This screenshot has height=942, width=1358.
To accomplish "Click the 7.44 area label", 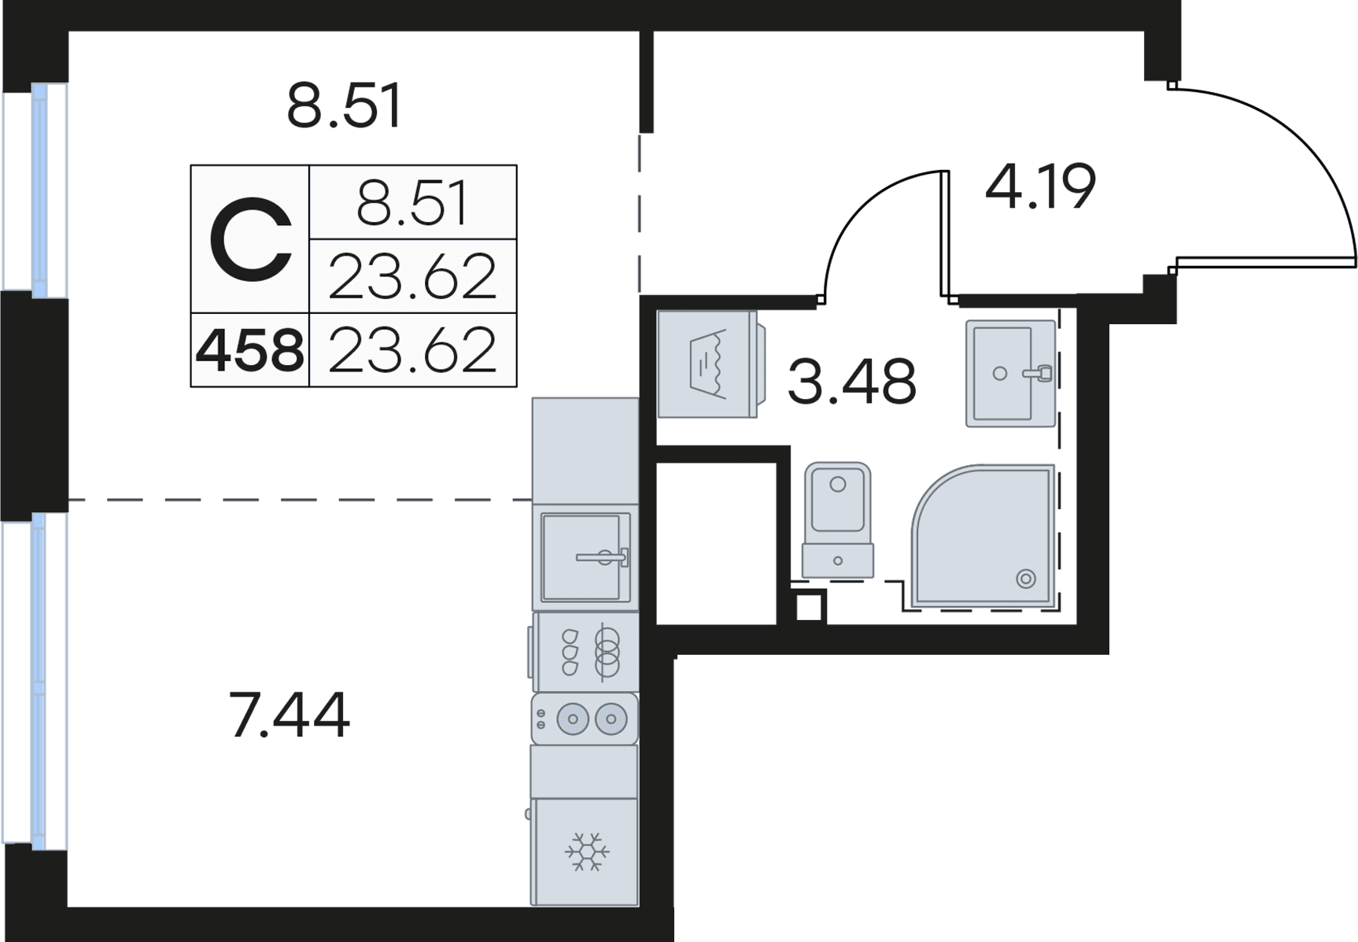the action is (290, 715).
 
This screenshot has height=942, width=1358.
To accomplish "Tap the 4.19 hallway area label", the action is (1040, 187).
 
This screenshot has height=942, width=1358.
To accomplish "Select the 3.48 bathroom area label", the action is (851, 381).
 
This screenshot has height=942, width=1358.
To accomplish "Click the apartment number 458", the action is (250, 351).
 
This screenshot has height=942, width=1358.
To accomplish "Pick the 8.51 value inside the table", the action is (412, 203).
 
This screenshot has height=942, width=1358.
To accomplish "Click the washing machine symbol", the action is (707, 364).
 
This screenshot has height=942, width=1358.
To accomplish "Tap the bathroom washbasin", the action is (1010, 374).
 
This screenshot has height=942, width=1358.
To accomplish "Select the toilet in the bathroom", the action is (837, 520).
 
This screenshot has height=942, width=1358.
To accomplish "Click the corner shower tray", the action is (983, 537).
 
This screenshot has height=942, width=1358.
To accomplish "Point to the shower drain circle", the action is (1026, 579).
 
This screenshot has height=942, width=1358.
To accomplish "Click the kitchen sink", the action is (585, 557).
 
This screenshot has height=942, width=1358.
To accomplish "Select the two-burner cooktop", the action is (585, 719).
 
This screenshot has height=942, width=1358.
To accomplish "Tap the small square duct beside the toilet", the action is (809, 607).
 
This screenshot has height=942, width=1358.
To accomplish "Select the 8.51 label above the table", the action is (345, 106).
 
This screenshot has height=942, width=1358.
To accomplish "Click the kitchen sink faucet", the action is (602, 557).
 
